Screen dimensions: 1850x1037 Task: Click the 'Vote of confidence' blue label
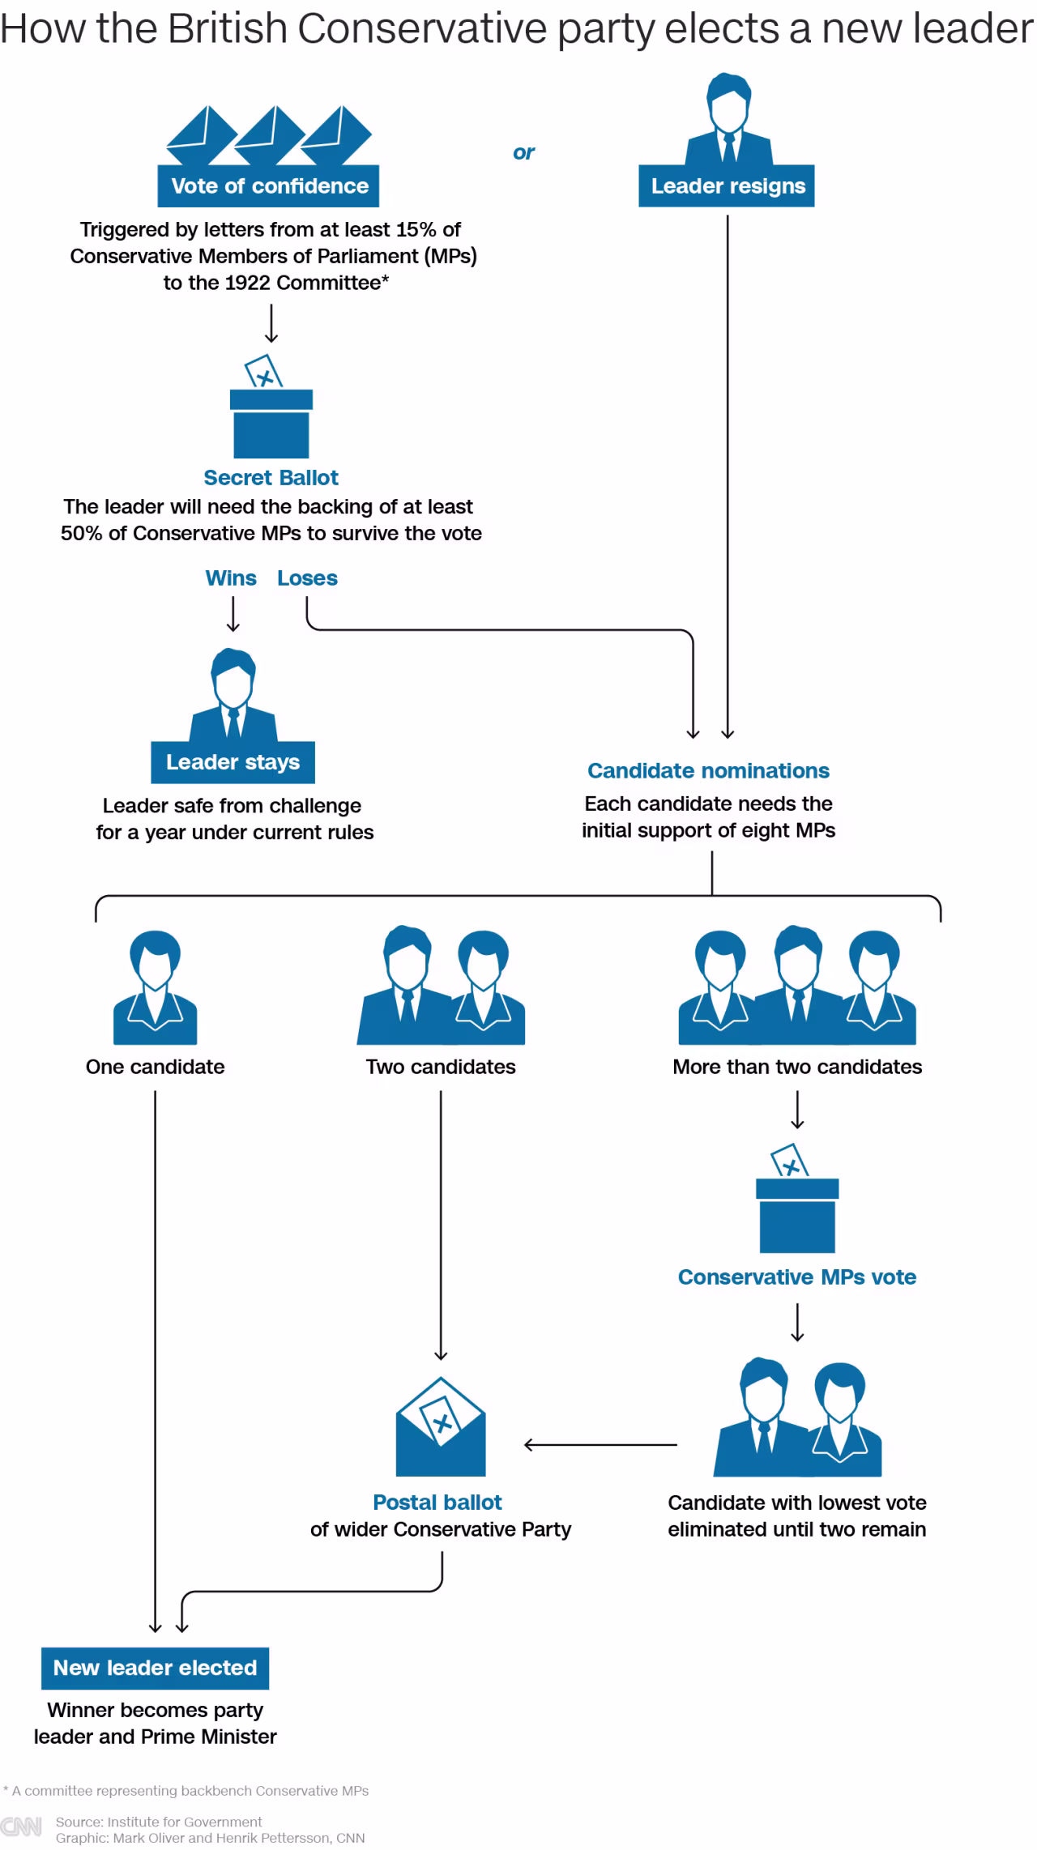point(269,186)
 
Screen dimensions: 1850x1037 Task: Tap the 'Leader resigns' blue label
point(728,186)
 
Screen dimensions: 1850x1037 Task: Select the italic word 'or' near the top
point(523,152)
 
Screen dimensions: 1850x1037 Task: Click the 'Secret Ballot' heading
point(271,478)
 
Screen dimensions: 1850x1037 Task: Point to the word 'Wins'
point(231,578)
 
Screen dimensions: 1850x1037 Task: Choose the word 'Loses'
point(307,578)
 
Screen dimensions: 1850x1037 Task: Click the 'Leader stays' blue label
point(233,762)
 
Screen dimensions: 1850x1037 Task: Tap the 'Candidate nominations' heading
point(708,770)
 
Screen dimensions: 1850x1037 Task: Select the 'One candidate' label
point(155,1067)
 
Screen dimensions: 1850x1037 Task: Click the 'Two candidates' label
point(441,1067)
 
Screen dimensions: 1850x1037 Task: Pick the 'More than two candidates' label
point(797,1067)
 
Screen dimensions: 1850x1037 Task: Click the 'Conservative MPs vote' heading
point(797,1277)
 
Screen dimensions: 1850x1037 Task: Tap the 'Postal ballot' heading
point(437,1503)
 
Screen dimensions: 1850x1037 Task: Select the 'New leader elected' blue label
point(155,1668)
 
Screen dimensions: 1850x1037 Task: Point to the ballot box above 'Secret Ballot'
point(271,413)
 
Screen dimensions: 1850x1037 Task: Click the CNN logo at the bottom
point(21,1827)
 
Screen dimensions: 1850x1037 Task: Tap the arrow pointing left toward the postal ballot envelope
point(600,1444)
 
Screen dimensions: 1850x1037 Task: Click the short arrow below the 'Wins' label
point(233,614)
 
